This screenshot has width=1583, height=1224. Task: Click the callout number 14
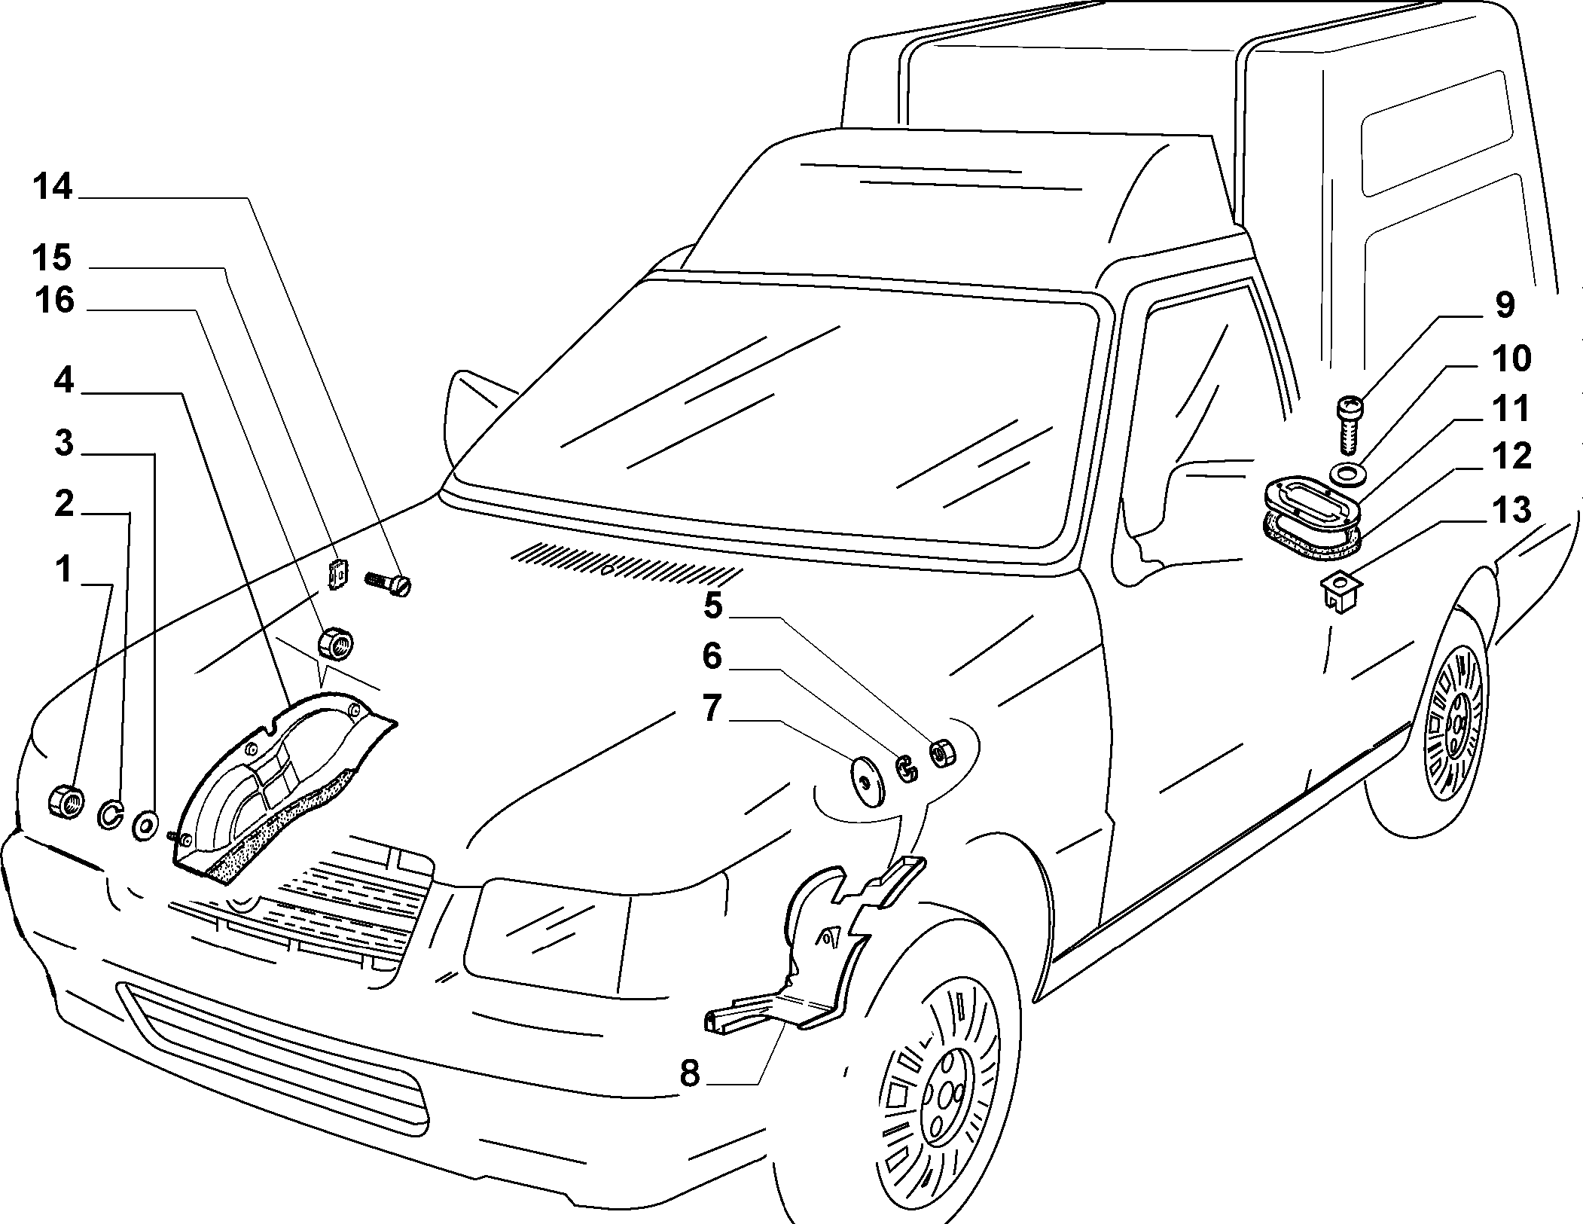click(52, 187)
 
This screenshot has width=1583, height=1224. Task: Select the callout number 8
click(690, 1074)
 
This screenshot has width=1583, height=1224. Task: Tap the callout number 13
click(1511, 511)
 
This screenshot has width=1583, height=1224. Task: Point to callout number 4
click(64, 380)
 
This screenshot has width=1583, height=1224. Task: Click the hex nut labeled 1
click(66, 799)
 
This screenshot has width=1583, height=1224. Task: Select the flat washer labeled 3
click(145, 825)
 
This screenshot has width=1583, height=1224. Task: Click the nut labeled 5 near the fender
click(943, 753)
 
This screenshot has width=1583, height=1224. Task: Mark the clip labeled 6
click(907, 768)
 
